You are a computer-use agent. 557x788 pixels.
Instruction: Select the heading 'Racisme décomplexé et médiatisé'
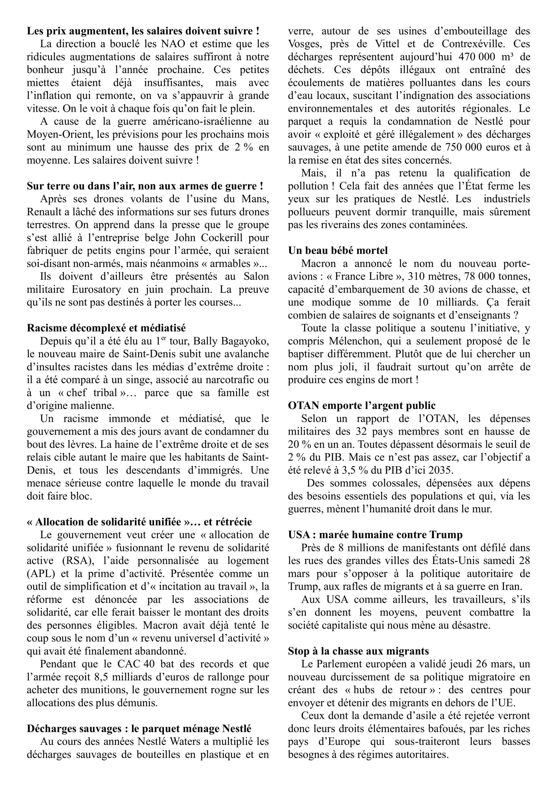(106, 328)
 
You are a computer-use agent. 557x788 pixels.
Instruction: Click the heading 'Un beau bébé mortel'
(338, 251)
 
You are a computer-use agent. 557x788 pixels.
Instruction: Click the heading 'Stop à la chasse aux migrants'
(358, 651)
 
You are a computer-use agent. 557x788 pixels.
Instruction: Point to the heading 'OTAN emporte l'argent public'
(362, 405)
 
